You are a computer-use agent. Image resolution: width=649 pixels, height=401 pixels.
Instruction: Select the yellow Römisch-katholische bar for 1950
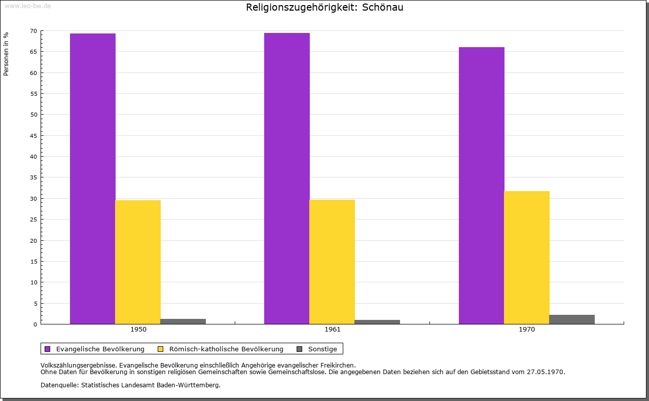coord(138,262)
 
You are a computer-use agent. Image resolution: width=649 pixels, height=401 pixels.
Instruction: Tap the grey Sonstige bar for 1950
coord(183,321)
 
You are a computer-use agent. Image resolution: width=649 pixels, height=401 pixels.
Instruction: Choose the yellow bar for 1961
coord(332,262)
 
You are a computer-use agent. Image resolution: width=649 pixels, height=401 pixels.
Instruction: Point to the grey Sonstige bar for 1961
coord(377,322)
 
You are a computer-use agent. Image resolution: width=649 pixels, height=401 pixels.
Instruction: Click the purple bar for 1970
coord(482,186)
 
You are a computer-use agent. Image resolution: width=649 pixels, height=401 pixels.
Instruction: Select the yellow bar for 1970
coord(527,258)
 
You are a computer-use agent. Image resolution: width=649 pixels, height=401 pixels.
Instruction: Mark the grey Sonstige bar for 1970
coord(572,319)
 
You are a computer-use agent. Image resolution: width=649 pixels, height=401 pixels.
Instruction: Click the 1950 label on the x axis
coord(138,330)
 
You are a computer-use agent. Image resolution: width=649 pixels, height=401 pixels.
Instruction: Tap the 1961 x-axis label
coord(333,330)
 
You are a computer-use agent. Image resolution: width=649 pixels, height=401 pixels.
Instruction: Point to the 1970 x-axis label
coord(527,330)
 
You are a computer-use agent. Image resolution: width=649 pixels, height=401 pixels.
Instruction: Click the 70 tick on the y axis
coord(33,31)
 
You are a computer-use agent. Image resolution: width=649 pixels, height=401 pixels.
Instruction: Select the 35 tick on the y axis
coord(33,177)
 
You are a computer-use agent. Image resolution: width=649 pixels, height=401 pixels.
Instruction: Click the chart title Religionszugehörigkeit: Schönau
coord(324,8)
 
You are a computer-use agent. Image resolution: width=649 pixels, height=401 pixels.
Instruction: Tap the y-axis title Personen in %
coord(6,54)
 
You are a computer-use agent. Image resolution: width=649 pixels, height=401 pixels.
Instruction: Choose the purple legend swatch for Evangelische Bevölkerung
coord(48,349)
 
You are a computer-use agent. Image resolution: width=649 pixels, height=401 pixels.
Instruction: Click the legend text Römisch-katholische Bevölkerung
coord(226,349)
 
